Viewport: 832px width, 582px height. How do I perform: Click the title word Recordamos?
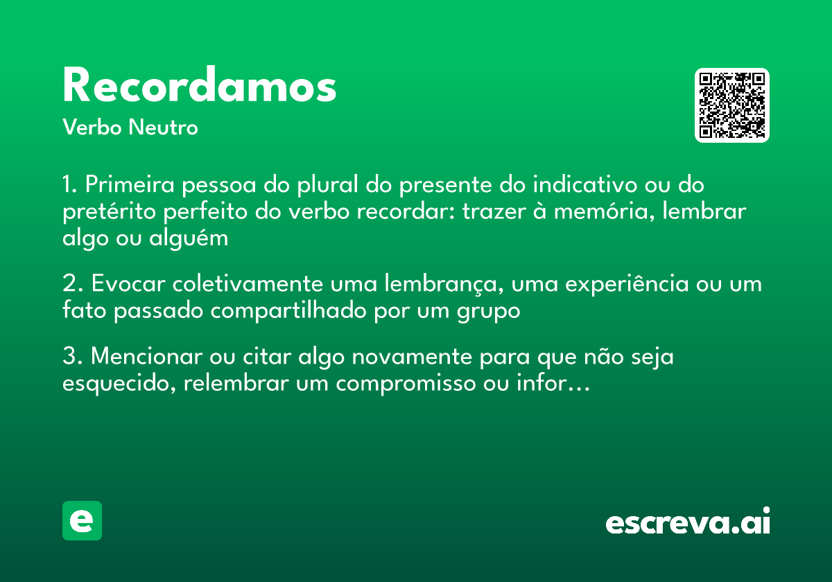200,86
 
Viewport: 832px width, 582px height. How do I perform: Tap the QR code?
732,105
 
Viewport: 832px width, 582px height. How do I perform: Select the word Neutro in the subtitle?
163,127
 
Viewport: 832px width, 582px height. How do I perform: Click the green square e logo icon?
82,520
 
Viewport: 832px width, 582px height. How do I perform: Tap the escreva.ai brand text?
688,522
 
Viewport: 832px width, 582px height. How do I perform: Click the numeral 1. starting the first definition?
69,186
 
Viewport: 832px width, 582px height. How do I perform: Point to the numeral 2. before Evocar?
71,285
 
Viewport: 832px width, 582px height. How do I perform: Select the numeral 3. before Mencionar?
71,358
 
